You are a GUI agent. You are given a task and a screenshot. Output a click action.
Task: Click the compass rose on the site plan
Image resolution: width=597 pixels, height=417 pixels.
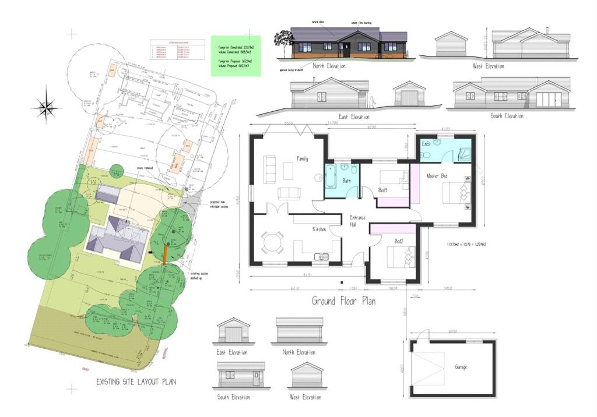47,107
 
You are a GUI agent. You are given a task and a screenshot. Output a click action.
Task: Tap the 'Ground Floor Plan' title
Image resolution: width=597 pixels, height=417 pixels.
343,301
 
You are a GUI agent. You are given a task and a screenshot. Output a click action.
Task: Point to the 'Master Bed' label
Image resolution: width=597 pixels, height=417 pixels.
437,176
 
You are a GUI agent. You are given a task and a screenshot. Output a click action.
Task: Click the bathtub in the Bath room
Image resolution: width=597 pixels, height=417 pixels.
331,178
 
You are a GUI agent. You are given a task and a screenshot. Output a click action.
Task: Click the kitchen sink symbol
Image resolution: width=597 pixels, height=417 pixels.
319,256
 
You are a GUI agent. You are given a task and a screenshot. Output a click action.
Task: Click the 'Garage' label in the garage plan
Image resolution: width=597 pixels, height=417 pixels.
461,367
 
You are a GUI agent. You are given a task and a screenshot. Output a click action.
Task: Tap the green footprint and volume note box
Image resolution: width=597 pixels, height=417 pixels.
236,55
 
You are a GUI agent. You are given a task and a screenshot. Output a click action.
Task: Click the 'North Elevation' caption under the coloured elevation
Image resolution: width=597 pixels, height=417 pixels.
329,66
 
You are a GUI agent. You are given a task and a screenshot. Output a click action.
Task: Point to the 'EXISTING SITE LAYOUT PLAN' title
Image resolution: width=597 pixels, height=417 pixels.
136,382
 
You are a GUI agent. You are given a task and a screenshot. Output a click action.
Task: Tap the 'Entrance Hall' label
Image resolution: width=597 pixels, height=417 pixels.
357,221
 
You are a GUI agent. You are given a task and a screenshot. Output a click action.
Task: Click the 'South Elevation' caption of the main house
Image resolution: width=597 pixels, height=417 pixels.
507,116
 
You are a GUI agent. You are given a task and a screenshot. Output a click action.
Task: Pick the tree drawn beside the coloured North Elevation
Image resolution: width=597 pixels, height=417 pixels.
285,42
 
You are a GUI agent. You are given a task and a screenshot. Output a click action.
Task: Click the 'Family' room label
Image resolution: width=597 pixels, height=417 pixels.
302,158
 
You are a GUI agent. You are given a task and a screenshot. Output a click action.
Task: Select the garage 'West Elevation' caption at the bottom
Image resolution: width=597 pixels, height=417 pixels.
305,397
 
